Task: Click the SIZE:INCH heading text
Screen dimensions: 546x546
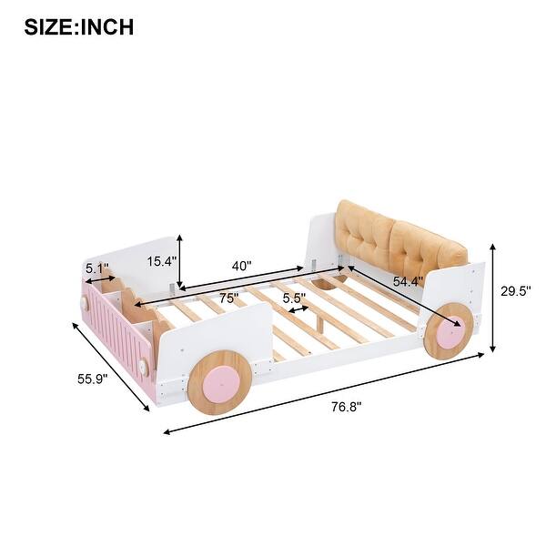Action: [x=79, y=27]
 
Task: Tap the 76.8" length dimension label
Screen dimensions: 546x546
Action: [x=346, y=407]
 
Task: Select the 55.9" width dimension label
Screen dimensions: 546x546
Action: [x=93, y=379]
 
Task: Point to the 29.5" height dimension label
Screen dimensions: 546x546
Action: [x=516, y=291]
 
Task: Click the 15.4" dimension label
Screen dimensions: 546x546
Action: [x=162, y=261]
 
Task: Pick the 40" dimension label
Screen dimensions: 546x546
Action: [x=242, y=266]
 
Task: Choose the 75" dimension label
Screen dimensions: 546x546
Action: [x=228, y=298]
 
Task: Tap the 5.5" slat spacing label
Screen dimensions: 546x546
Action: [x=294, y=298]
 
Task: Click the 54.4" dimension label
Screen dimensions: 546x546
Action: [x=408, y=281]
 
